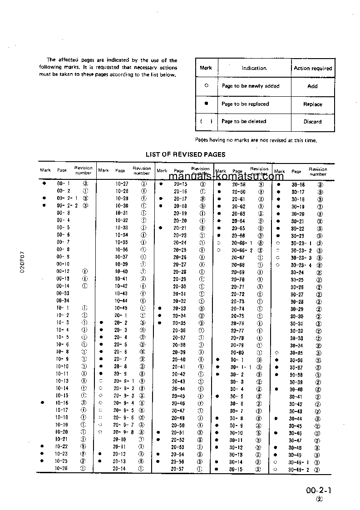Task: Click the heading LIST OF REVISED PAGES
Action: pyautogui.click(x=185, y=154)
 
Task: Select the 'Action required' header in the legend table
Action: pyautogui.click(x=313, y=69)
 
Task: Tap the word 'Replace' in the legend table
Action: pyautogui.click(x=313, y=104)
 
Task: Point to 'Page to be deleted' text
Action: pyautogui.click(x=244, y=122)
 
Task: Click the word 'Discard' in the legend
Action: pyautogui.click(x=313, y=122)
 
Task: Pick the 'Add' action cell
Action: pyautogui.click(x=313, y=86)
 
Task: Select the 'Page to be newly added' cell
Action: pyautogui.click(x=250, y=86)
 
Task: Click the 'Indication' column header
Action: pyautogui.click(x=254, y=69)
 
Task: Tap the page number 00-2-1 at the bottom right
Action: pyautogui.click(x=319, y=491)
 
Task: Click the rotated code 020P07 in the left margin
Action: pyautogui.click(x=21, y=261)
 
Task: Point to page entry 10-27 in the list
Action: pyautogui.click(x=122, y=184)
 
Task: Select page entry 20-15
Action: pyautogui.click(x=180, y=184)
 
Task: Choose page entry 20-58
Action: pyautogui.click(x=238, y=185)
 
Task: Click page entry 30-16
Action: pyautogui.click(x=298, y=185)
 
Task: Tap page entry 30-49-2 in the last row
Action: pyautogui.click(x=298, y=470)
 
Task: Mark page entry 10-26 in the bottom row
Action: pyautogui.click(x=62, y=469)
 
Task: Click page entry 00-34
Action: pyautogui.click(x=63, y=301)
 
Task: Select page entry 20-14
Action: pyautogui.click(x=119, y=469)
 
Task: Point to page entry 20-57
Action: pyautogui.click(x=178, y=469)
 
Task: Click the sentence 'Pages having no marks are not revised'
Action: pyautogui.click(x=256, y=140)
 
